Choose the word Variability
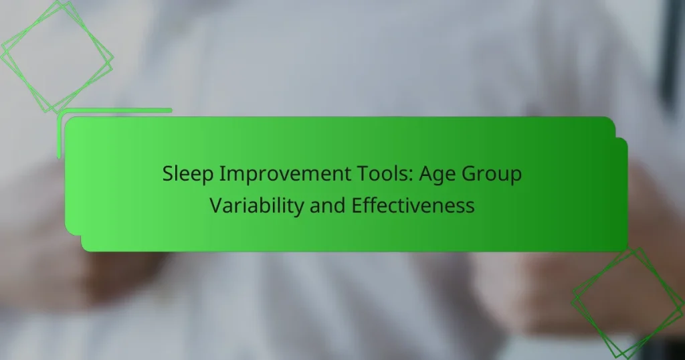pos(257,205)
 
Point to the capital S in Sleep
pos(167,175)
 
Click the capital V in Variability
pos(215,205)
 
